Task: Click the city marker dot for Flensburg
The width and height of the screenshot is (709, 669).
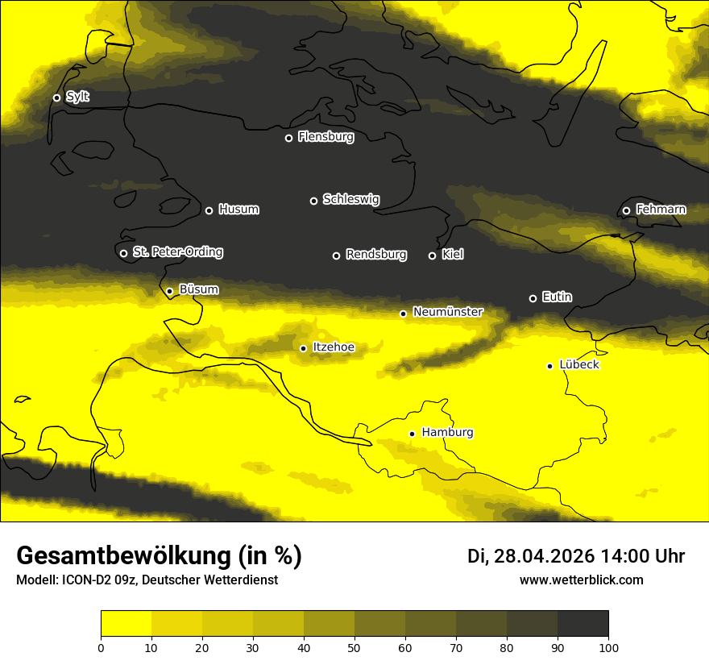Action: click(x=288, y=138)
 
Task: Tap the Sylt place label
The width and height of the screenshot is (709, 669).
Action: click(x=77, y=97)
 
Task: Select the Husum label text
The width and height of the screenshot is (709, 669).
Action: click(x=238, y=210)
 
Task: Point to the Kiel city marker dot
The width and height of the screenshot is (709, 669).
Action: click(x=432, y=256)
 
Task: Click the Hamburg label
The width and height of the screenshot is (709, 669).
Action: click(x=447, y=433)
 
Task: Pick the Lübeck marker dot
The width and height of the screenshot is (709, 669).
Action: click(x=549, y=366)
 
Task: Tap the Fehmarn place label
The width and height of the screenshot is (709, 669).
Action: click(x=661, y=210)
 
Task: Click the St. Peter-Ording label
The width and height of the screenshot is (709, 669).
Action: click(x=177, y=252)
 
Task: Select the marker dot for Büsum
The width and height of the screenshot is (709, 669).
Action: click(x=169, y=291)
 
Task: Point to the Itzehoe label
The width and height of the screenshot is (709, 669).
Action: click(x=334, y=347)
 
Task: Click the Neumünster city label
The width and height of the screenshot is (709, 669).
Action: click(x=447, y=312)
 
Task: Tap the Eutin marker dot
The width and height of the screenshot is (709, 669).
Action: click(x=533, y=298)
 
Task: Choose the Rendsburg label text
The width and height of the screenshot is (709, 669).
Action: click(x=375, y=255)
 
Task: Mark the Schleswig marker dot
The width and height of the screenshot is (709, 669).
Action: click(x=313, y=201)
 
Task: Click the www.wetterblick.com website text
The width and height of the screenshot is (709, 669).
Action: click(x=581, y=580)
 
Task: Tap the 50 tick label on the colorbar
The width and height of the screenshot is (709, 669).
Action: click(x=354, y=647)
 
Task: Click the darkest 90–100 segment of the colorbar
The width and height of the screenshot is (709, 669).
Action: click(x=583, y=623)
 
